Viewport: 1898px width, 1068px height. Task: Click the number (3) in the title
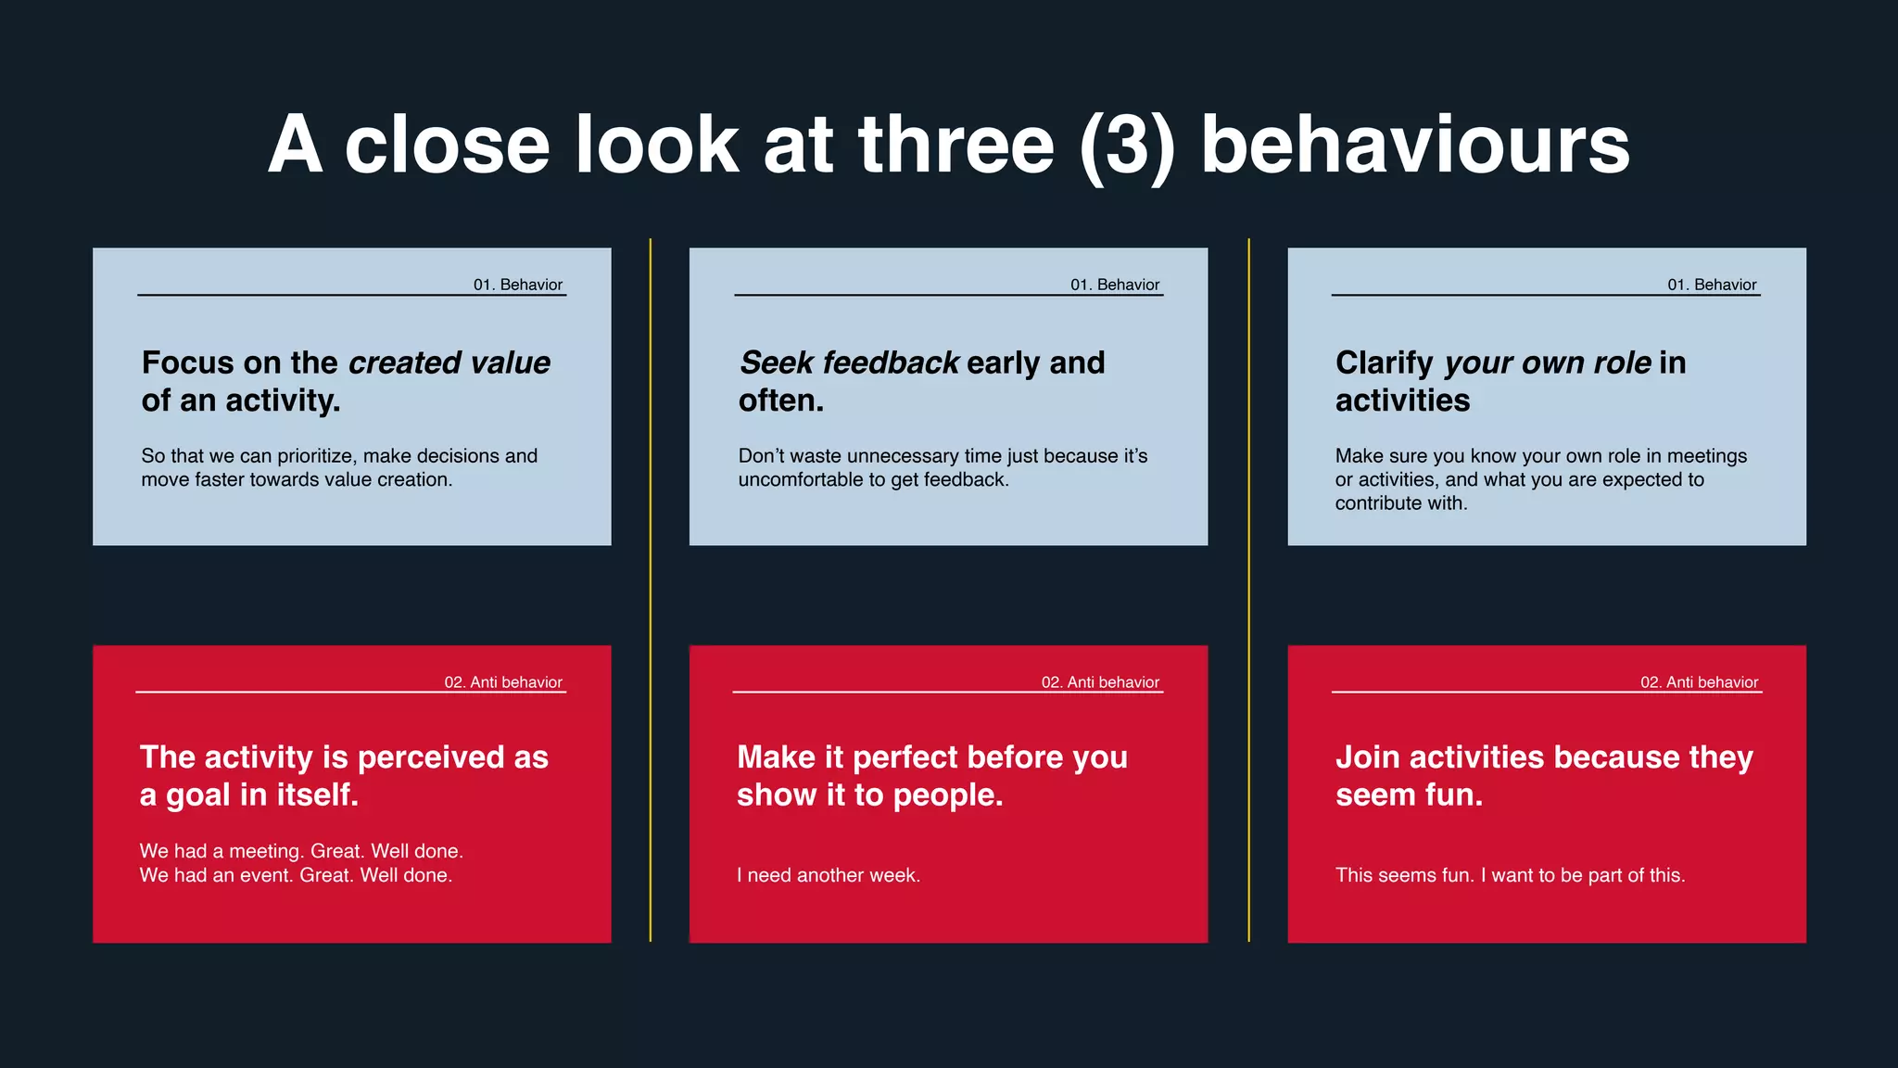[1127, 146]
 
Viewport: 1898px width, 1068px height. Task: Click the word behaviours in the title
[1414, 146]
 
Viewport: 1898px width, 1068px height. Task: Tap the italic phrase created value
[449, 362]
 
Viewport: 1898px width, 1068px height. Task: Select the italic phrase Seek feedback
[849, 362]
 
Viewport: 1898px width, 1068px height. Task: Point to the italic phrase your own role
[1547, 362]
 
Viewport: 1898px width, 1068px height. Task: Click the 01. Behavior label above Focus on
[517, 285]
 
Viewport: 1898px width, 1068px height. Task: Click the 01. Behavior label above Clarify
[1711, 285]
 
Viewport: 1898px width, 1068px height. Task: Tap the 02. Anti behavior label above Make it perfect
[1099, 682]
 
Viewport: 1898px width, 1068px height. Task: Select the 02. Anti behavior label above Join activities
[1698, 682]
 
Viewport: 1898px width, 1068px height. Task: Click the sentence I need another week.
[828, 875]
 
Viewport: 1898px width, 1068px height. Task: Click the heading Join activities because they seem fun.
[1543, 776]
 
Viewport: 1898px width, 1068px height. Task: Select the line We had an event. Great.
[296, 875]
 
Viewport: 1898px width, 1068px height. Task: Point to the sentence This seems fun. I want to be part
[1509, 875]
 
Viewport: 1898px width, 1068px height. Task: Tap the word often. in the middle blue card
[780, 400]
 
